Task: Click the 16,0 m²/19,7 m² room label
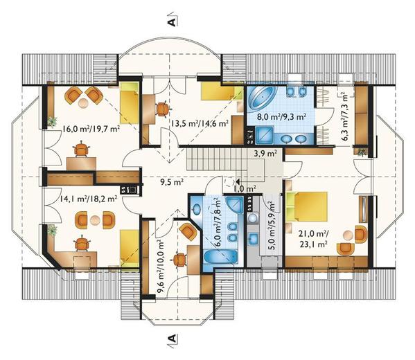(91, 129)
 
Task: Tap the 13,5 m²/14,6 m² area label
(200, 123)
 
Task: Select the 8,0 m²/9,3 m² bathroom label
(281, 116)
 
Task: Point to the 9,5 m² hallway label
(172, 181)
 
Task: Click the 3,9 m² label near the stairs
(265, 154)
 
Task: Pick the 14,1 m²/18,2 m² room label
(87, 199)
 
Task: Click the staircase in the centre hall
(217, 159)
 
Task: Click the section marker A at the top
(172, 22)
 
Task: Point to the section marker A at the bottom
(172, 339)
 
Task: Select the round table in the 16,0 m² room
(83, 102)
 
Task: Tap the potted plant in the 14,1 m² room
(53, 231)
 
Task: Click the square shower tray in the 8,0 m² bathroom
(264, 135)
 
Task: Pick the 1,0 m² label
(245, 188)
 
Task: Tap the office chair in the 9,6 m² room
(179, 260)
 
